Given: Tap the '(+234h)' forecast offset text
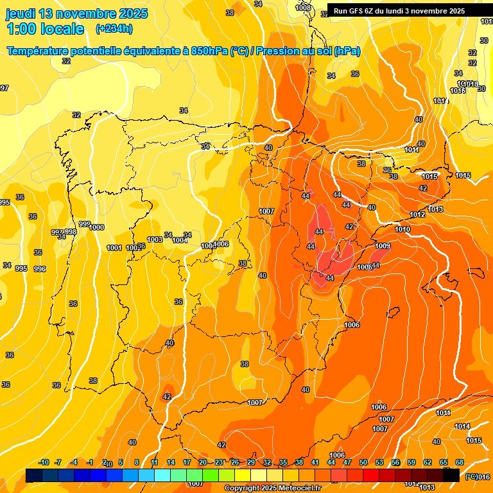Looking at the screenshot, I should pos(114,28).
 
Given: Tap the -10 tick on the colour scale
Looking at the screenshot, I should pos(44,462).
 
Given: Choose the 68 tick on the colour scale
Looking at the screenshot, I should pos(460,462).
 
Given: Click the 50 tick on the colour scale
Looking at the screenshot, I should pos(363,462).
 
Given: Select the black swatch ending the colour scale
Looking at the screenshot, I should pos(451,475).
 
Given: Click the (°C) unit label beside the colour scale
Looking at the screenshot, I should pos(471,476).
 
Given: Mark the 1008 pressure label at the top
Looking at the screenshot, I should pos(304,8).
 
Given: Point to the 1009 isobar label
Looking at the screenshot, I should pos(383,246).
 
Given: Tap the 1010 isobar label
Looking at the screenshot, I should pos(402,229).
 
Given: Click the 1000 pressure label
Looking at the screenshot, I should pos(97,227).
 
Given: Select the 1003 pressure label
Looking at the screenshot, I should pos(155,240).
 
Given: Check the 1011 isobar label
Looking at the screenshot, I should pos(412,150).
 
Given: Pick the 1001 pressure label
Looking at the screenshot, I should pos(114,248).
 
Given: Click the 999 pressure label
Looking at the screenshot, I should pos(84,224).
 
